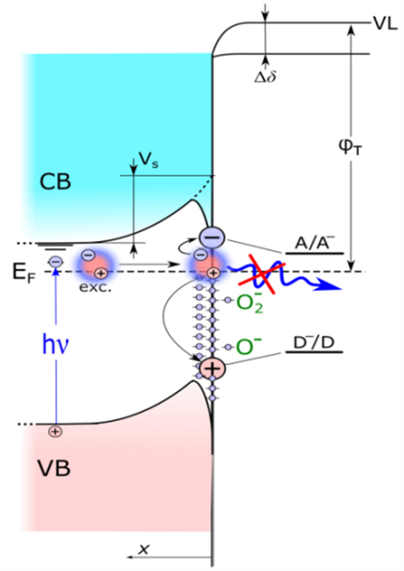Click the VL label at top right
(x=385, y=24)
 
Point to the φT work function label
(x=351, y=148)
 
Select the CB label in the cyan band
(x=55, y=181)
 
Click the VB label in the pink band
(x=54, y=468)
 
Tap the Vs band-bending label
(x=149, y=160)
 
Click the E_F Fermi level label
(x=25, y=272)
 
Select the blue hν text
(x=56, y=345)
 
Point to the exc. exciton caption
(x=95, y=287)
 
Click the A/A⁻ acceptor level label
(x=313, y=243)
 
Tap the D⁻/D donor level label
(x=313, y=343)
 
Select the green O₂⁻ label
(x=250, y=302)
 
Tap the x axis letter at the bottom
(x=143, y=549)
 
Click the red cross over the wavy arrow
(x=262, y=274)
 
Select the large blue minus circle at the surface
(x=212, y=238)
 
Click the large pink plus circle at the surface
(x=213, y=369)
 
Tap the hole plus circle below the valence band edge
(x=55, y=432)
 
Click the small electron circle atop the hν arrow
(x=56, y=261)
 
